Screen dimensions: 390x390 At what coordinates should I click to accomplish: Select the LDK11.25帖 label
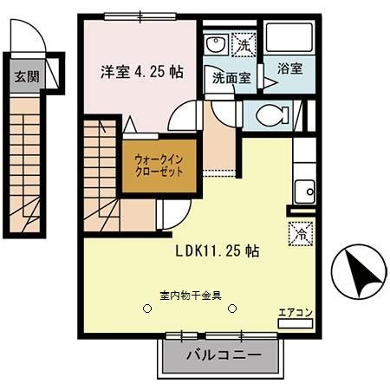point(218,250)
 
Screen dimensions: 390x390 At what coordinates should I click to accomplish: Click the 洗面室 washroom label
point(231,77)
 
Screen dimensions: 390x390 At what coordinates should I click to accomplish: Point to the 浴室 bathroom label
point(289,68)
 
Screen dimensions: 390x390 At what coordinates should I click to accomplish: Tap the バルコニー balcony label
point(223,355)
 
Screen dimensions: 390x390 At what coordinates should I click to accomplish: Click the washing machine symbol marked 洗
point(245,44)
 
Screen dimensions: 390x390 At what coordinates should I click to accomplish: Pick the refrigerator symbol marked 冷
point(295,233)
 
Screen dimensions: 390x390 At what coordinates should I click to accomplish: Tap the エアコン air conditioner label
point(292,311)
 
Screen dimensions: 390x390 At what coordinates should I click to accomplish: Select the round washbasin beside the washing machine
point(215,44)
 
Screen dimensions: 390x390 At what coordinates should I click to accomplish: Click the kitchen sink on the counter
point(304,192)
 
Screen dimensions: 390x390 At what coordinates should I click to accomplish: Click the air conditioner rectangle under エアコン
point(292,322)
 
